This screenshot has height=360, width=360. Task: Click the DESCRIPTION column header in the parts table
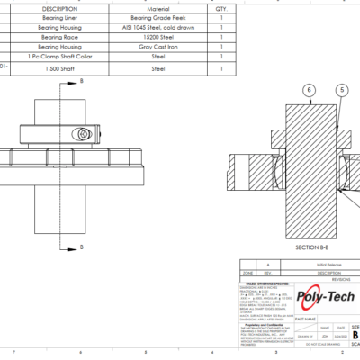(60, 7)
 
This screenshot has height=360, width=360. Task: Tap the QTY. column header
(221, 7)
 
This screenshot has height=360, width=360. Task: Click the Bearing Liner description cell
(60, 17)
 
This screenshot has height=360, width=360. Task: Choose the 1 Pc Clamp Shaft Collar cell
(60, 57)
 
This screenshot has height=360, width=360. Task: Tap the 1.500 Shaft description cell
(60, 67)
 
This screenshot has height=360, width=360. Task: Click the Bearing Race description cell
(60, 37)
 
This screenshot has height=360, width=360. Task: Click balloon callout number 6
(309, 90)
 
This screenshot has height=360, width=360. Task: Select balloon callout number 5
(341, 90)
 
